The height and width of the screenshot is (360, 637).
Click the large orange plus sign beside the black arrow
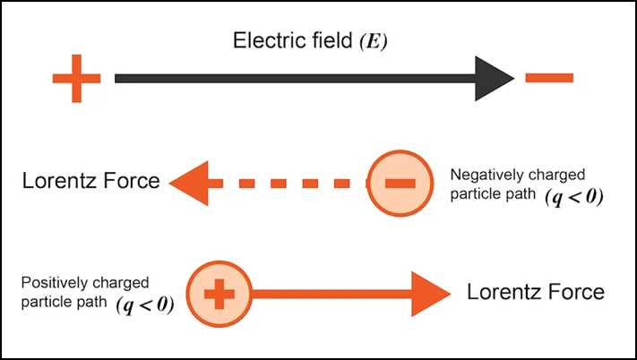[76, 78]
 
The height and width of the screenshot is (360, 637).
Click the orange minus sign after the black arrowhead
[548, 78]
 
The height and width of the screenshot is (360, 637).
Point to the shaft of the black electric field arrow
[296, 78]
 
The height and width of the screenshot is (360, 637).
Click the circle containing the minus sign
[399, 183]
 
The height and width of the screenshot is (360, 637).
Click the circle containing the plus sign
[218, 293]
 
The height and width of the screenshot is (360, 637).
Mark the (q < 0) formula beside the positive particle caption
[145, 304]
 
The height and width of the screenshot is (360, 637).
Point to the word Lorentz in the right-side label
[502, 292]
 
